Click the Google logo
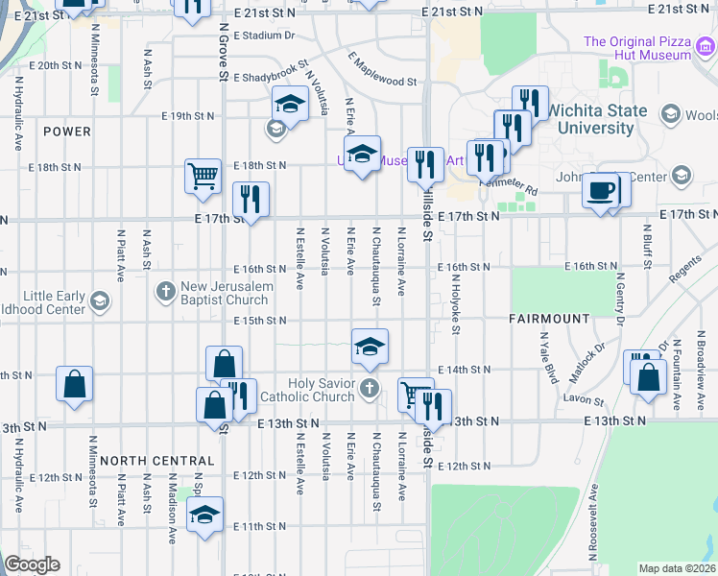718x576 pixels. click(x=32, y=564)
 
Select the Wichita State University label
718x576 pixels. click(x=597, y=118)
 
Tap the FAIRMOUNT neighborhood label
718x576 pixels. click(x=549, y=318)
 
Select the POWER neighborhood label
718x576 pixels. click(x=66, y=132)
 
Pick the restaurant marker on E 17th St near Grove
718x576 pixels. click(x=251, y=200)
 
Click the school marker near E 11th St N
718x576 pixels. click(x=204, y=516)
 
